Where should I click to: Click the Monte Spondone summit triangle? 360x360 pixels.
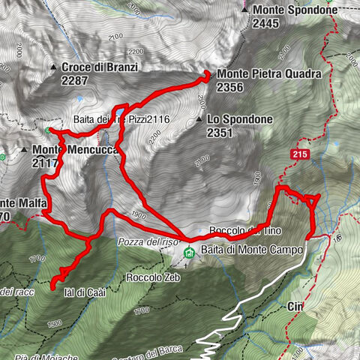247,10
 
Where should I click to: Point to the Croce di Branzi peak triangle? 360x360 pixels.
54,67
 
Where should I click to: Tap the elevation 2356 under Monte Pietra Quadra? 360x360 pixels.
230,87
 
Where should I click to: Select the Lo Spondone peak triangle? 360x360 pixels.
199,120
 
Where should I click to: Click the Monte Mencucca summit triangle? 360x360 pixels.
25,149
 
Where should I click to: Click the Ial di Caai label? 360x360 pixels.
81,294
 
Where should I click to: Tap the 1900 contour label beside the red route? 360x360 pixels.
138,214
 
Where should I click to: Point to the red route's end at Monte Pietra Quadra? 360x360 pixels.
205,74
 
